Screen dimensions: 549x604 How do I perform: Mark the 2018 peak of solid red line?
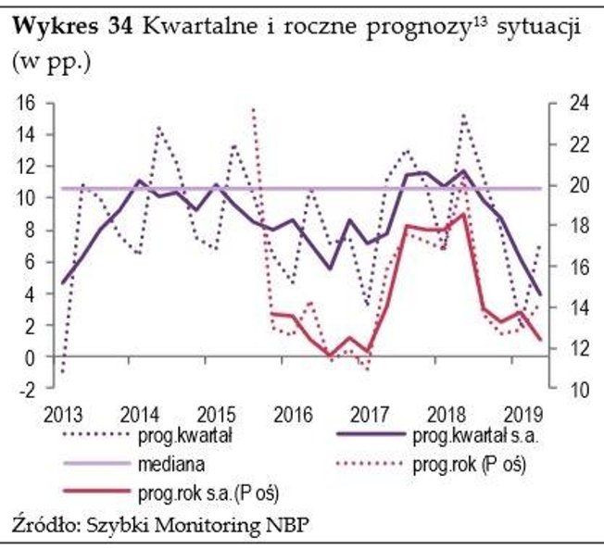coord(463,214)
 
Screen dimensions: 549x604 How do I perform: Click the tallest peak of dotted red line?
coord(254,109)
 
